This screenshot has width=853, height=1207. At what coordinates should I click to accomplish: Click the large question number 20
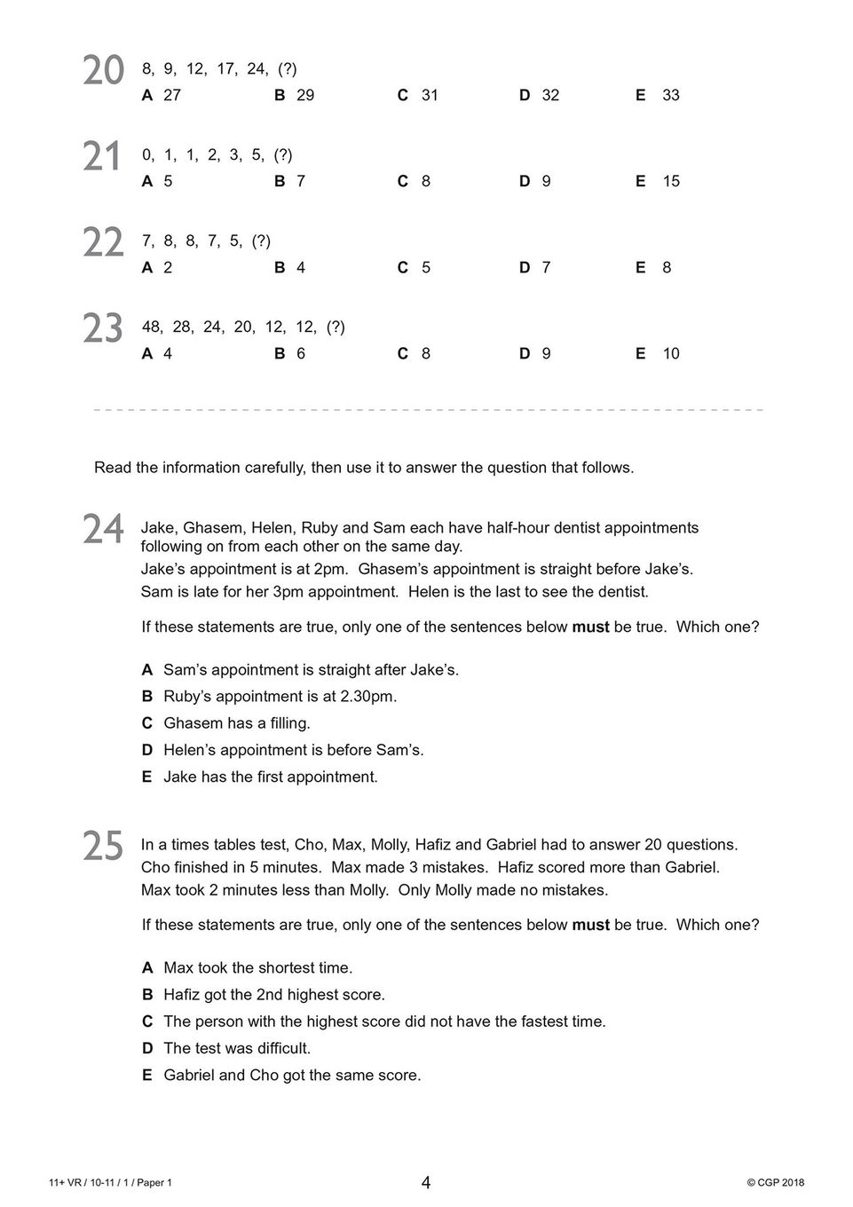pyautogui.click(x=103, y=71)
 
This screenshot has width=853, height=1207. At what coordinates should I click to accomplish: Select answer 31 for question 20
pyautogui.click(x=429, y=95)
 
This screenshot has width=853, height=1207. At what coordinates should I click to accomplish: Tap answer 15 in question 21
pyautogui.click(x=670, y=181)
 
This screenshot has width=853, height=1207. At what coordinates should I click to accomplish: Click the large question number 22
pyautogui.click(x=103, y=243)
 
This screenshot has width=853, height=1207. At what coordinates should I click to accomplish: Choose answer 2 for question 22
pyautogui.click(x=168, y=267)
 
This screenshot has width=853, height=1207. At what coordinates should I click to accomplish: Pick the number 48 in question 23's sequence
pyautogui.click(x=151, y=327)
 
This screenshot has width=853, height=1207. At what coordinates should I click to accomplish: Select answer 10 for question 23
pyautogui.click(x=670, y=353)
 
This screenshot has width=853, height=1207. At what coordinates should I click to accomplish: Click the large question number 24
pyautogui.click(x=103, y=530)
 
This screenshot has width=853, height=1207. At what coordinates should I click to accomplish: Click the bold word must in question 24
pyautogui.click(x=590, y=627)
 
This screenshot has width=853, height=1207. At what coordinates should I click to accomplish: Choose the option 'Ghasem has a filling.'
pyautogui.click(x=236, y=723)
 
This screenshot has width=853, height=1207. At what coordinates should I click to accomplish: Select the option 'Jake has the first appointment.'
pyautogui.click(x=270, y=777)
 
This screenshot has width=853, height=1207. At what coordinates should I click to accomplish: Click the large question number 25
pyautogui.click(x=103, y=847)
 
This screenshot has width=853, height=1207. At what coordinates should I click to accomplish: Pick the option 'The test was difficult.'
pyautogui.click(x=236, y=1048)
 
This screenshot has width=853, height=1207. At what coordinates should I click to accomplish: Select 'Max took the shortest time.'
pyautogui.click(x=257, y=968)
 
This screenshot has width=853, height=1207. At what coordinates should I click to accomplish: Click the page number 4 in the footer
pyautogui.click(x=426, y=1182)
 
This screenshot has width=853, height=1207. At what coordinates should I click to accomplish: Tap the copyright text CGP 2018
pyautogui.click(x=776, y=1182)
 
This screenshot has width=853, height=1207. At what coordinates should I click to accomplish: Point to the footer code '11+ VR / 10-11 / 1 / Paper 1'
pyautogui.click(x=111, y=1182)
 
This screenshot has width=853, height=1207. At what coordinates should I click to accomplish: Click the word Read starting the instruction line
pyautogui.click(x=113, y=468)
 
